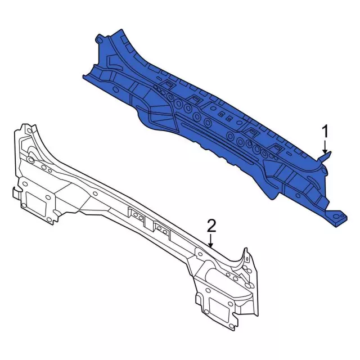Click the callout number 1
325,132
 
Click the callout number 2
211,226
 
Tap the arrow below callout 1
325,147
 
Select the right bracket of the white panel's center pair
160,228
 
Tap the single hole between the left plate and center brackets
95,194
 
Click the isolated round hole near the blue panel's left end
116,89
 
